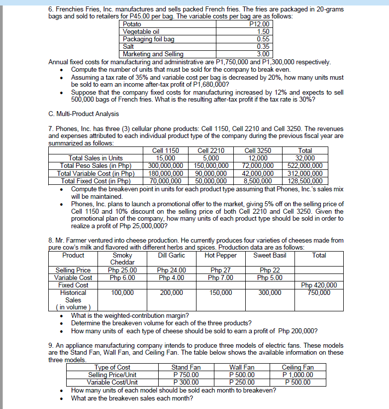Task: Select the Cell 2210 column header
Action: (x=211, y=151)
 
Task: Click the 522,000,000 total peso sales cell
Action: (x=305, y=166)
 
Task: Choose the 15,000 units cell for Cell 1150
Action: (x=166, y=158)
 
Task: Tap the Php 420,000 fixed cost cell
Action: (x=319, y=285)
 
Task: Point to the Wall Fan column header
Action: (x=242, y=368)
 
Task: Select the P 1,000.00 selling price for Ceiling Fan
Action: (x=298, y=375)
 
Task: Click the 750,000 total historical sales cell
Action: (x=319, y=292)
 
